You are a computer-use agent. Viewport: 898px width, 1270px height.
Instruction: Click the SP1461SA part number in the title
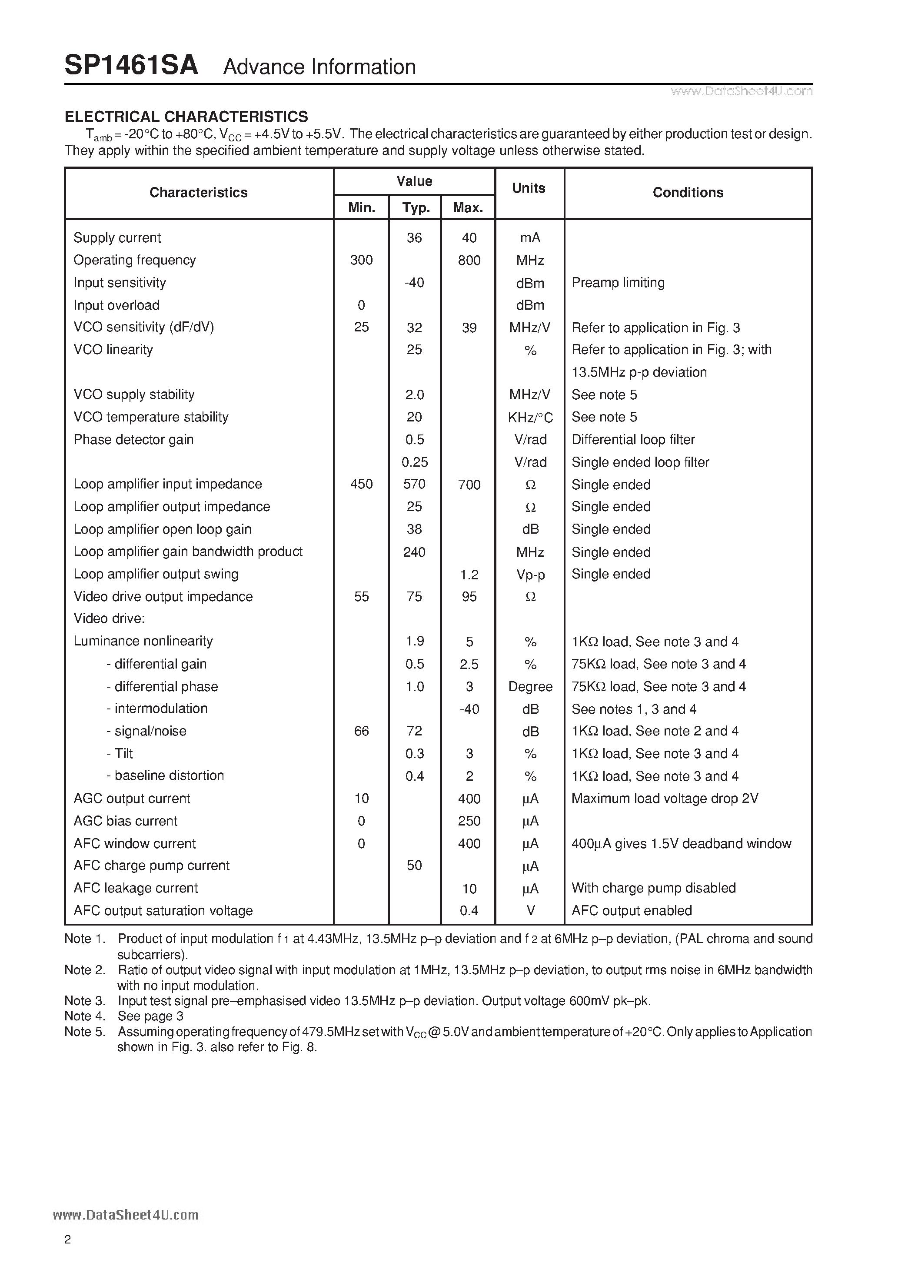pyautogui.click(x=131, y=66)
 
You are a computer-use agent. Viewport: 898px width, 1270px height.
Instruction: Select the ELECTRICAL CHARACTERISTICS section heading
pyautogui.click(x=186, y=117)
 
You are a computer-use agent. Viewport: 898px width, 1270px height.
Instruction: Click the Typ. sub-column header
pyautogui.click(x=415, y=208)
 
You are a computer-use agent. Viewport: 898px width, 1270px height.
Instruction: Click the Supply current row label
pyautogui.click(x=117, y=238)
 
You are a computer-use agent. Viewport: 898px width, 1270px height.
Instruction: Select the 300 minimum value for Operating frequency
pyautogui.click(x=361, y=260)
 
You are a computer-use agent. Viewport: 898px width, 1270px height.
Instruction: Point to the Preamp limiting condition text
pyautogui.click(x=618, y=283)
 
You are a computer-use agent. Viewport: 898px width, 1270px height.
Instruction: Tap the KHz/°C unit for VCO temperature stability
pyautogui.click(x=530, y=417)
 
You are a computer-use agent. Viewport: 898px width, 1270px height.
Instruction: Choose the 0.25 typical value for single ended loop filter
pyautogui.click(x=414, y=462)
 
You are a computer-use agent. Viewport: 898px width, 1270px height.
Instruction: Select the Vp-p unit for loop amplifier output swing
pyautogui.click(x=530, y=575)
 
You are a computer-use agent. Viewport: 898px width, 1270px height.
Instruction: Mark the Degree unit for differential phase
pyautogui.click(x=530, y=686)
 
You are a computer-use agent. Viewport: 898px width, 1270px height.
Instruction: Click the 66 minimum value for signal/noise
pyautogui.click(x=361, y=731)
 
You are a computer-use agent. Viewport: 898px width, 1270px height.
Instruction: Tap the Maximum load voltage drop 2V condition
pyautogui.click(x=664, y=798)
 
